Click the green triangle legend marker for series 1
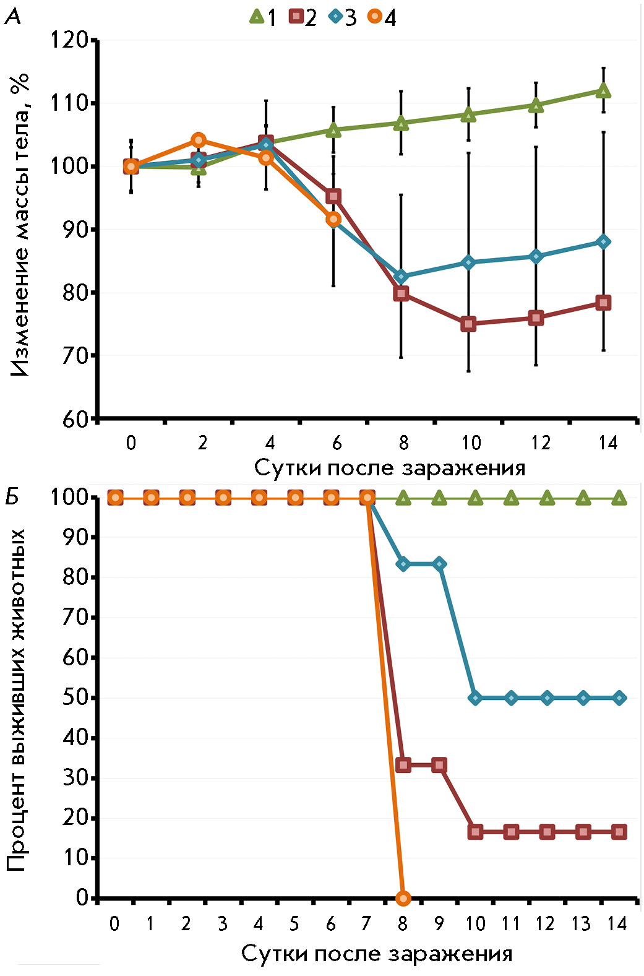(x=257, y=17)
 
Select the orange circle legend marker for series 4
(x=374, y=17)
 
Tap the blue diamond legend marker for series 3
(x=335, y=17)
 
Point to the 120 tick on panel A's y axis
(x=69, y=41)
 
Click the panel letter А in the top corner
(x=13, y=17)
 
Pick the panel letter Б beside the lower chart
(x=13, y=496)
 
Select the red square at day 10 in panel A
(x=468, y=324)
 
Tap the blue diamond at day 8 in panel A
(x=401, y=276)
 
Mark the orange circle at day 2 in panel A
(x=199, y=140)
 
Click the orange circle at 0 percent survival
(x=403, y=897)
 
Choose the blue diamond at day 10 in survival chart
(x=475, y=698)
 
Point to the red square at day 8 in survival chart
(x=403, y=765)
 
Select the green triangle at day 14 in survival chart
(x=619, y=498)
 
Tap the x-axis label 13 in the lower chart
(x=581, y=924)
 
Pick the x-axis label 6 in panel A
(x=337, y=443)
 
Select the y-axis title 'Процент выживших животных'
(x=17, y=699)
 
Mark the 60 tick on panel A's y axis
(x=75, y=420)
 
